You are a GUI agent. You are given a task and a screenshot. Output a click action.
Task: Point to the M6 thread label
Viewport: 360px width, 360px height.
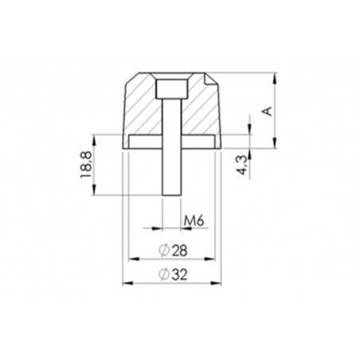pos(190,219)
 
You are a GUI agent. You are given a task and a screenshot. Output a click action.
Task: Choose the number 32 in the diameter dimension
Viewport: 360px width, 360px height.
pos(179,274)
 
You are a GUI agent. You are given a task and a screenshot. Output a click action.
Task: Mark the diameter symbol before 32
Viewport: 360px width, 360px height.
pos(162,274)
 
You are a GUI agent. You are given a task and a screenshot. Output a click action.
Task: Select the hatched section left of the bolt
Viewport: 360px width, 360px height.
pos(143,108)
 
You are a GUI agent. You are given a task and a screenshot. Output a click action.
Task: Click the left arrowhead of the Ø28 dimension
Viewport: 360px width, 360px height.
pos(130,259)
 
